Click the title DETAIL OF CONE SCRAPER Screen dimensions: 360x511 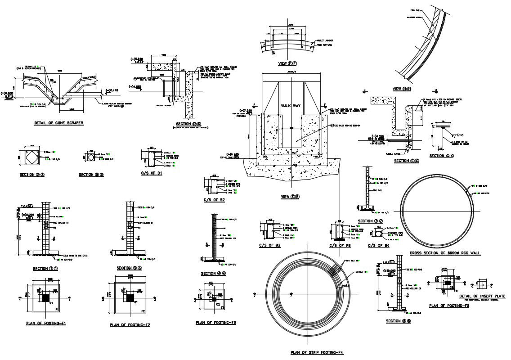point(58,122)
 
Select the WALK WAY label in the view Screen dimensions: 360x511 point(291,106)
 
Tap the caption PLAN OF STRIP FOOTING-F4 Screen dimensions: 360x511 point(317,352)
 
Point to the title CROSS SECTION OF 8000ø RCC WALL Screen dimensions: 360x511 point(438,253)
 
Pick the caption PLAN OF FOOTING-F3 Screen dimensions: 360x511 point(216,323)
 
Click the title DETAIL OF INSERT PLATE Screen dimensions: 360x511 point(482,296)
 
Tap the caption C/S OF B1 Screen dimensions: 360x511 point(152,173)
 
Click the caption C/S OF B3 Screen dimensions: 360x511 point(270,245)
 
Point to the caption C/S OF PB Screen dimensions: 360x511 point(339,245)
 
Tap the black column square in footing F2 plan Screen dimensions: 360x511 point(129,298)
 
